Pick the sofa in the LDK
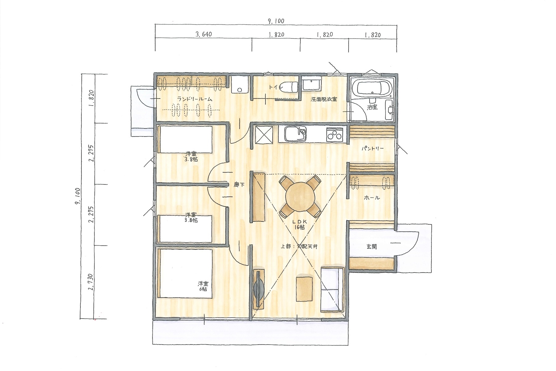pos(332,289)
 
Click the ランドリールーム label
pos(195,99)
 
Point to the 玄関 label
pos(372,247)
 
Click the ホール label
pos(372,198)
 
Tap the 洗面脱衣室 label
pos(324,99)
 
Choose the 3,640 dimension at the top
pos(204,34)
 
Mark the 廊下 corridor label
pos(239,185)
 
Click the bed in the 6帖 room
pos(185,274)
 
